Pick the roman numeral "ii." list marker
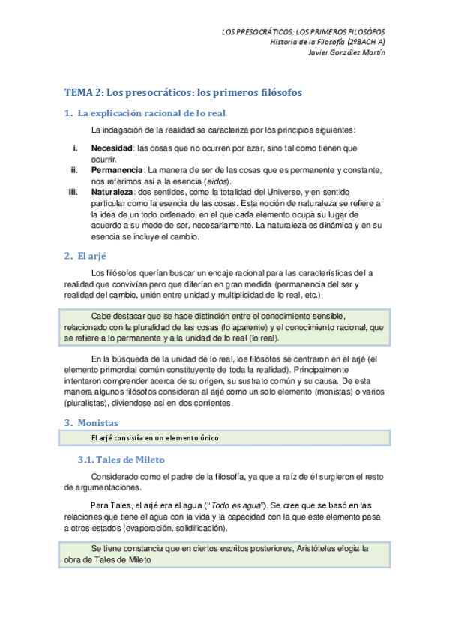point(74,171)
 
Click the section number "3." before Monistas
point(67,422)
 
